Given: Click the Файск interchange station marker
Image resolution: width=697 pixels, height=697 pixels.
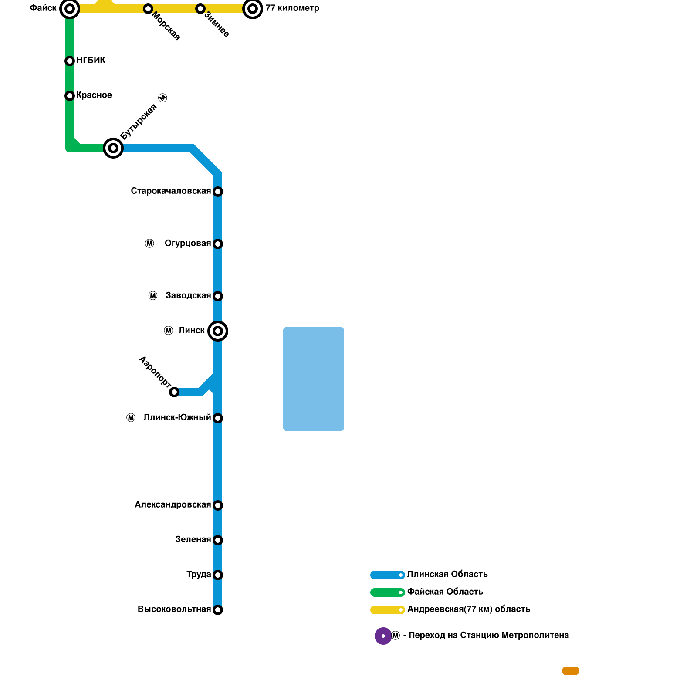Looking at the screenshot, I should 69,9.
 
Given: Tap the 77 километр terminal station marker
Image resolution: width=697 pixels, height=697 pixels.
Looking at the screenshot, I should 253,9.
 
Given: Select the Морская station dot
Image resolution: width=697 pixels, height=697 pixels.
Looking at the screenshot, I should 148,9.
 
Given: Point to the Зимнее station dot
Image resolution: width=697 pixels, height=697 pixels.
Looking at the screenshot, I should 200,9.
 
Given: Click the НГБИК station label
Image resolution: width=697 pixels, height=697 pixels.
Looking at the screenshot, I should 91,61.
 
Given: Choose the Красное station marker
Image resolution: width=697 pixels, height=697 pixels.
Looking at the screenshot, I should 70,96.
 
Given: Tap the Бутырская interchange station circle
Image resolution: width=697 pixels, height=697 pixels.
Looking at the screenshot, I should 113,149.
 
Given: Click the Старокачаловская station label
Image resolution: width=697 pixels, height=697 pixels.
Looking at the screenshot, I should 171,191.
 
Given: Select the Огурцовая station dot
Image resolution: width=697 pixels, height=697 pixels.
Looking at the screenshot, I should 218,244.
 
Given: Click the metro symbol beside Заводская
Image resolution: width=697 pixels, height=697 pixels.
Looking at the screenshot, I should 153,296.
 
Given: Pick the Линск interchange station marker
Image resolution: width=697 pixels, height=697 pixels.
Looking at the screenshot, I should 218,331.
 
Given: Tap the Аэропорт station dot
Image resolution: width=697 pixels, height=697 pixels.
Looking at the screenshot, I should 174,392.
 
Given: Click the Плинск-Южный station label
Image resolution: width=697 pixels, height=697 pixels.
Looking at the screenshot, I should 177,418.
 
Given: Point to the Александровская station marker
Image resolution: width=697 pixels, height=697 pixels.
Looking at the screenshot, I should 218,505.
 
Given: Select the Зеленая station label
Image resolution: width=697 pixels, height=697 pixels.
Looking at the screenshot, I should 193,540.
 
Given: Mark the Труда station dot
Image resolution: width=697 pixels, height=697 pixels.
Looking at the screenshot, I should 218,575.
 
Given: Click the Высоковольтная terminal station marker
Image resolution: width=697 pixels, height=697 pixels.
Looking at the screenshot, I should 218,610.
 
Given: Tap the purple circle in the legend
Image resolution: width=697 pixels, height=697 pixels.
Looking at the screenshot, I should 383,636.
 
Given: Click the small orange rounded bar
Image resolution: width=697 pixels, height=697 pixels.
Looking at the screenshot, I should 571,671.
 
